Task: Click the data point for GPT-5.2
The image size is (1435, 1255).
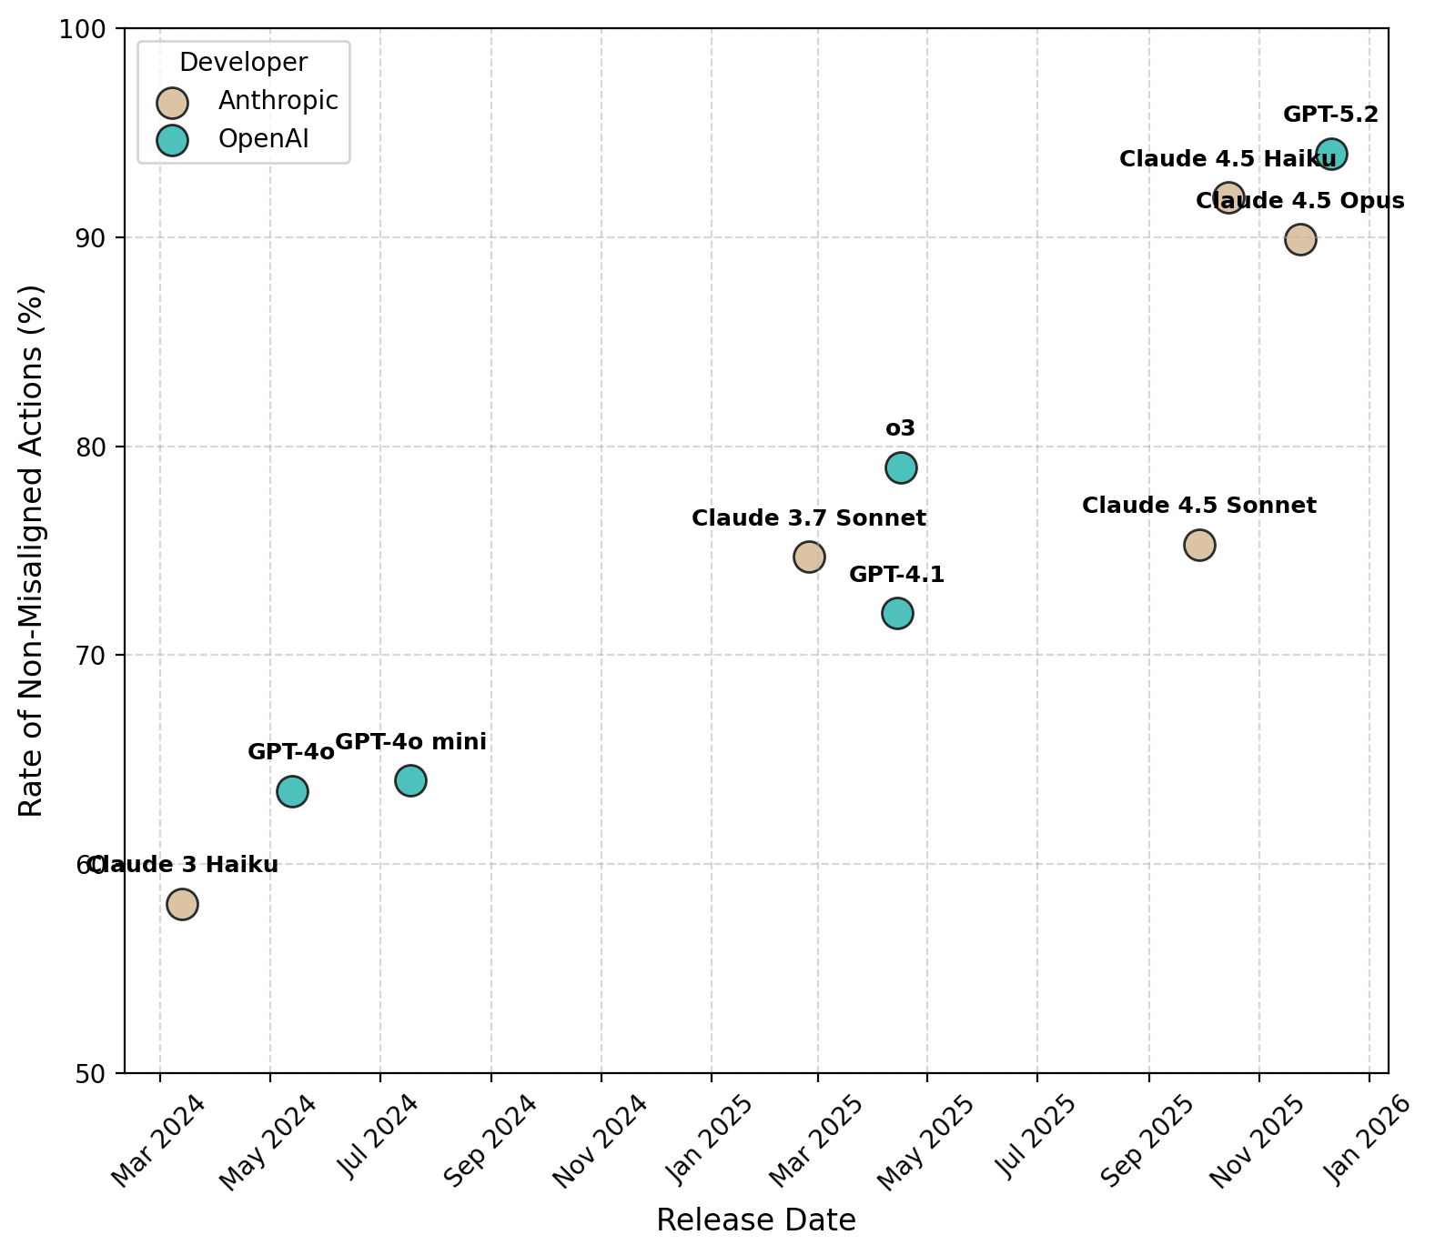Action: click(1331, 154)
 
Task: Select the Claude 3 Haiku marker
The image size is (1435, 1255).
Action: click(182, 904)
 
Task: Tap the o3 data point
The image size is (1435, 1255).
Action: click(901, 467)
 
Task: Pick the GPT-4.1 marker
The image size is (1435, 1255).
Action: click(897, 613)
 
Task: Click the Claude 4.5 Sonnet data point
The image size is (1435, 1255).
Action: click(1199, 545)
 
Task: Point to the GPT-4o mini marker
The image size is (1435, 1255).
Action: click(410, 780)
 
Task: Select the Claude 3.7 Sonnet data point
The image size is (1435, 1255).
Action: click(809, 557)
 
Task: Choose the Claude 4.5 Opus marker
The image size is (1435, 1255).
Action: click(1300, 240)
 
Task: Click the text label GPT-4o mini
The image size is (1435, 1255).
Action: click(411, 742)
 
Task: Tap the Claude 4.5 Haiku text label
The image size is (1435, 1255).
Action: click(1228, 159)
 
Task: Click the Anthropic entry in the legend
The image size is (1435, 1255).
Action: click(278, 101)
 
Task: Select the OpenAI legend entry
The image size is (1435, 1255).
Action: click(263, 139)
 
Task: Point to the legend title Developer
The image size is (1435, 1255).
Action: click(243, 62)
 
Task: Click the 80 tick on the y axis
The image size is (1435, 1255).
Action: click(102, 447)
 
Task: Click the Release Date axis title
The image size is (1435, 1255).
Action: click(755, 1220)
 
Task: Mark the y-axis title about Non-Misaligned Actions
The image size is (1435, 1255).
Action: click(31, 551)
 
